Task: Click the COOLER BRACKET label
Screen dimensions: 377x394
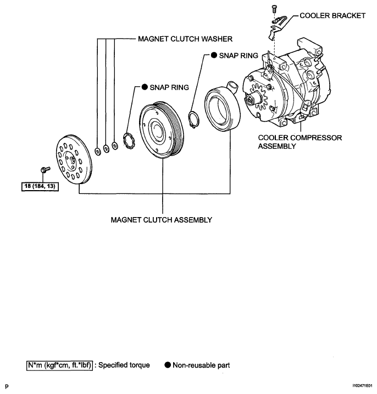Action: point(332,15)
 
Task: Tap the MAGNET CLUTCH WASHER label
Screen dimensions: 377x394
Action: point(185,39)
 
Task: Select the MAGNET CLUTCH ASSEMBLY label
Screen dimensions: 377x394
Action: point(162,220)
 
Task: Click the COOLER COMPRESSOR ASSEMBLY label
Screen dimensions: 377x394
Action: point(300,142)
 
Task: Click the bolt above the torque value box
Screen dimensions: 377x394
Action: point(45,170)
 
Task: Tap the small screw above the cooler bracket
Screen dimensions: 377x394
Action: point(274,9)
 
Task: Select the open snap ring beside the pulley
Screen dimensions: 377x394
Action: point(194,119)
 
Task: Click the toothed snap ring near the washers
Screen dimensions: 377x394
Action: point(129,140)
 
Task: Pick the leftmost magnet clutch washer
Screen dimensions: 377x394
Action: point(97,152)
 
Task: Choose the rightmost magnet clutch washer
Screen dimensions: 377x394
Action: point(115,146)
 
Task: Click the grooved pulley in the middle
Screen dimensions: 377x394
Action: point(162,130)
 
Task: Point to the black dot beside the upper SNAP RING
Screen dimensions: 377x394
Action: point(214,56)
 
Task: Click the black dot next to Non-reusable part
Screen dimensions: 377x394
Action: point(168,365)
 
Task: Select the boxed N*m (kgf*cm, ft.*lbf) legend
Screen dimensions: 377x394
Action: point(59,365)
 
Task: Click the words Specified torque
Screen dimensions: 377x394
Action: point(124,365)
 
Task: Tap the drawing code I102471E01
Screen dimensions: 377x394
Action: point(362,385)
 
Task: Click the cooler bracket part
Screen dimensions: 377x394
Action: point(278,27)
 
